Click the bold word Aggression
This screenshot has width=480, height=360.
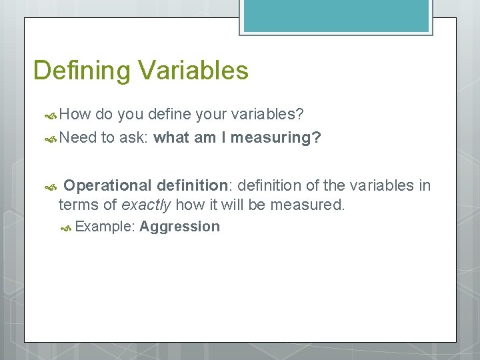(x=179, y=226)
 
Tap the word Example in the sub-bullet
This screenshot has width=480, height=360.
(x=104, y=227)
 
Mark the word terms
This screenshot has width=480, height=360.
(x=78, y=204)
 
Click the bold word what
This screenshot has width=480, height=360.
(x=172, y=137)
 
